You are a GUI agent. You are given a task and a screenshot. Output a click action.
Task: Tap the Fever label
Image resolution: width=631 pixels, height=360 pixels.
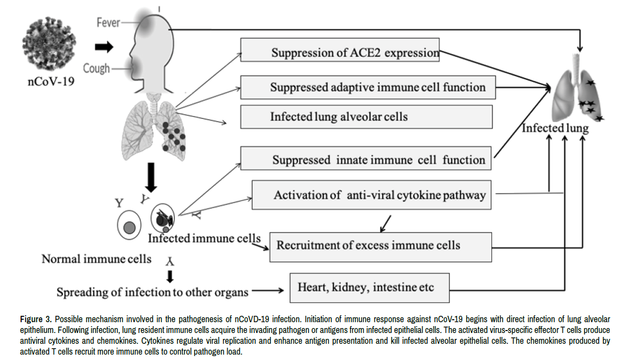[109, 23]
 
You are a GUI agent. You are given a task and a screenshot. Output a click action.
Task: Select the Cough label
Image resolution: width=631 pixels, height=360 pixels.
[96, 68]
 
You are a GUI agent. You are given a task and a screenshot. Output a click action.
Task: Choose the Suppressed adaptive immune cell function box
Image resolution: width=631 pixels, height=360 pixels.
[367, 88]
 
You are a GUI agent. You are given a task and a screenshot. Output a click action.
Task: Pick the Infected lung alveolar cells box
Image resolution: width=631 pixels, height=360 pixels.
[366, 117]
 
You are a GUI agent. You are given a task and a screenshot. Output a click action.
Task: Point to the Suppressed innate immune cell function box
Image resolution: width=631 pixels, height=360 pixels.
[366, 159]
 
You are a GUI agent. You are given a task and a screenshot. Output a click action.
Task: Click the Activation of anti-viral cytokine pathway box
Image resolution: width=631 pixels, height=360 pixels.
[372, 195]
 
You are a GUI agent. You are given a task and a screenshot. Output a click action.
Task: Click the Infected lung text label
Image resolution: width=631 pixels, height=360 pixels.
[555, 128]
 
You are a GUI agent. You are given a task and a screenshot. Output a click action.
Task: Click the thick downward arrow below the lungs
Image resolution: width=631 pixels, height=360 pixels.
[152, 181]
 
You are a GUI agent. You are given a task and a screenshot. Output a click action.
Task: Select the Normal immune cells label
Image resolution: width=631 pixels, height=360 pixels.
[96, 259]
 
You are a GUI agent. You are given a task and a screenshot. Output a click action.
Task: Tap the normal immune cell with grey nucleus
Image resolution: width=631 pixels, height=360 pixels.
[129, 226]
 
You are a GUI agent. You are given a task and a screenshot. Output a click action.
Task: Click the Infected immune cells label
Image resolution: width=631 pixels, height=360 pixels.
[204, 238]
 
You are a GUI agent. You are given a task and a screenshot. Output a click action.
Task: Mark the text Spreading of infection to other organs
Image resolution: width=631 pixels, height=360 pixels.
[152, 292]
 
